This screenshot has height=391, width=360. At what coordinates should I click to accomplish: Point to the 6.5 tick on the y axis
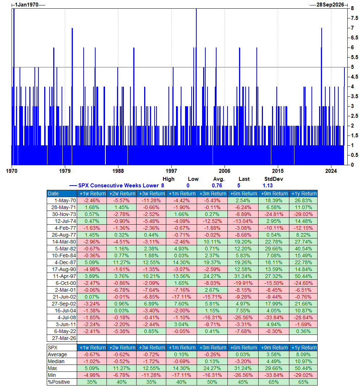click(x=354, y=38)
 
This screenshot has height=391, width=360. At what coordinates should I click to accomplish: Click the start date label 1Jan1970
click(x=26, y=5)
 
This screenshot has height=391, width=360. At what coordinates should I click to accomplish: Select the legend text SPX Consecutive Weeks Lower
click(x=118, y=186)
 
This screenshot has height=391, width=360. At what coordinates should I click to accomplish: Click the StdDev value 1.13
click(x=268, y=186)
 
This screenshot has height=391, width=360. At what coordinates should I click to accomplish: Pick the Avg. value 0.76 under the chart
click(x=217, y=186)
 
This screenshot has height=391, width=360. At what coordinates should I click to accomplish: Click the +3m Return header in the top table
click(x=212, y=194)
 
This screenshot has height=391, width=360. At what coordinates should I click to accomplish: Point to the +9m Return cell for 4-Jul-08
click(x=273, y=317)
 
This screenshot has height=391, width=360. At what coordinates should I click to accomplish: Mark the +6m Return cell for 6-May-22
click(x=243, y=331)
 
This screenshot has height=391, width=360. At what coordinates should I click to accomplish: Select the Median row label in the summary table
click(x=57, y=361)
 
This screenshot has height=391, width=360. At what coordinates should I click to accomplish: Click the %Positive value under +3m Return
click(x=212, y=382)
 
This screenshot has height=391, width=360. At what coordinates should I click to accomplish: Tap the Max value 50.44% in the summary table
click(x=304, y=368)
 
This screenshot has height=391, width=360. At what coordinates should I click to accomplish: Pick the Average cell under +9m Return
click(x=273, y=354)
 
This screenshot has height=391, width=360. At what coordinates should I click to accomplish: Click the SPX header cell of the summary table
click(x=53, y=348)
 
